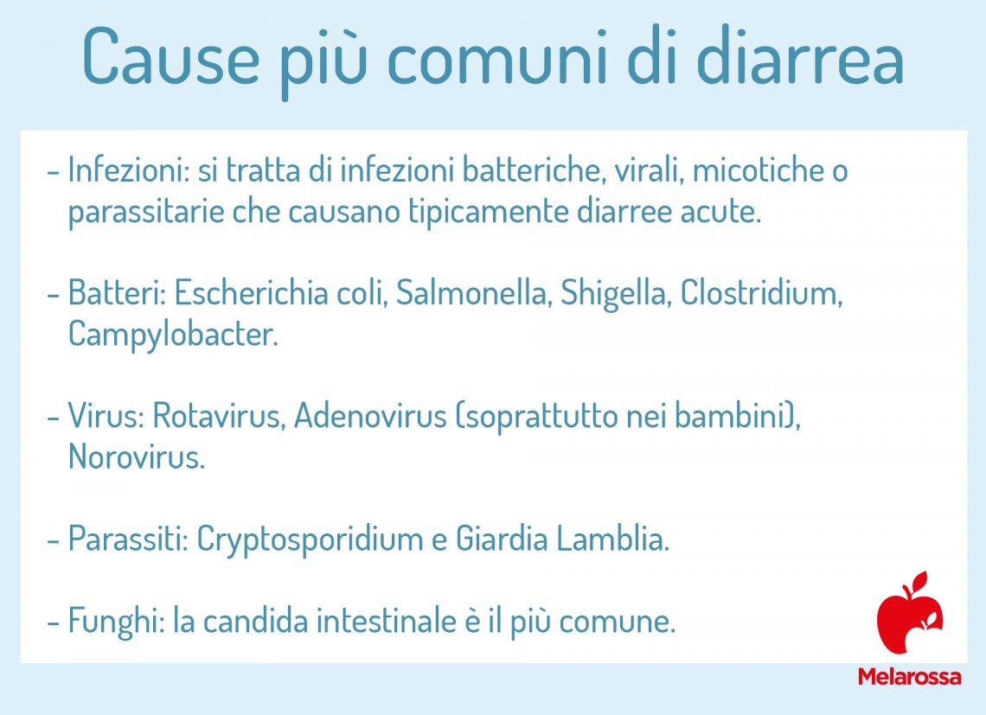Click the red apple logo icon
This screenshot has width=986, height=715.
click(x=908, y=614)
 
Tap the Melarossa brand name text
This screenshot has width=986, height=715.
click(x=908, y=677)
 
